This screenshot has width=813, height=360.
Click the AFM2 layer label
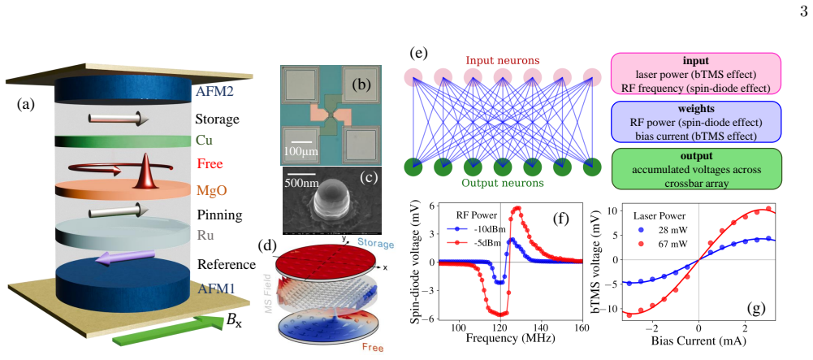click(x=214, y=92)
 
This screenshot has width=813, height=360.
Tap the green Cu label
click(x=204, y=141)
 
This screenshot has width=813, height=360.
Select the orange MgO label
click(x=210, y=190)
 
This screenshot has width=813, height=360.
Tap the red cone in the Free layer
click(x=143, y=171)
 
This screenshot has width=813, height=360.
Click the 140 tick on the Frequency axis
click(x=541, y=327)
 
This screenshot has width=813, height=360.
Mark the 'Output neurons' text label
click(x=502, y=183)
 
